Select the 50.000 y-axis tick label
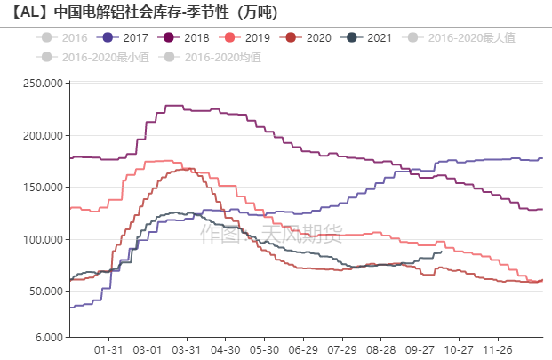point(46,292)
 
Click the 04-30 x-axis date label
point(226,350)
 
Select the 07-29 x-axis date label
point(342,350)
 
